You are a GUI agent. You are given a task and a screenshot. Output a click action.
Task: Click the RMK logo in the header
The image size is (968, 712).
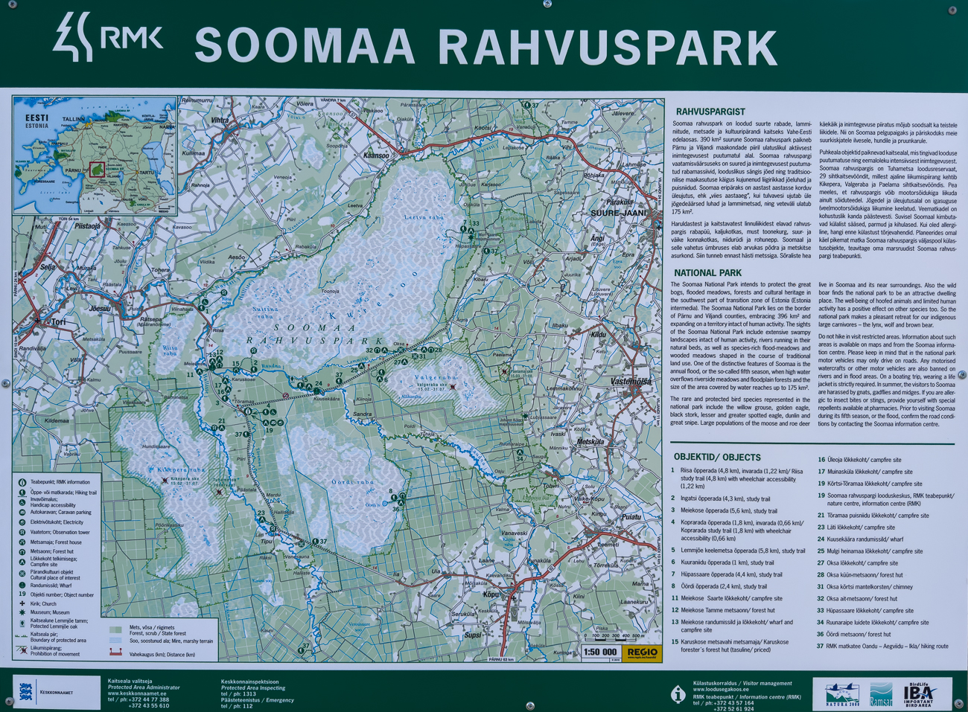pyautogui.click(x=109, y=37)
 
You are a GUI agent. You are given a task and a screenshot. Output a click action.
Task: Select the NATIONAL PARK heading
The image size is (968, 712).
pyautogui.click(x=707, y=273)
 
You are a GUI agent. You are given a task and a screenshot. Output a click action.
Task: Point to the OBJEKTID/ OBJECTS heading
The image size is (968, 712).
pyautogui.click(x=717, y=457)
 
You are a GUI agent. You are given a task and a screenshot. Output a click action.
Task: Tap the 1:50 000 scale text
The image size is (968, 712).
pyautogui.click(x=600, y=652)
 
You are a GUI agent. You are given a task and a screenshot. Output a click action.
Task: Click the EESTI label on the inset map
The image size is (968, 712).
pyautogui.click(x=37, y=118)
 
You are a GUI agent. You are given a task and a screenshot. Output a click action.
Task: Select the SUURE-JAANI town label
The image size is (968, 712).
pyautogui.click(x=619, y=213)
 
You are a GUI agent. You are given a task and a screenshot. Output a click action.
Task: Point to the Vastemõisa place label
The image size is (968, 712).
pyautogui.click(x=630, y=382)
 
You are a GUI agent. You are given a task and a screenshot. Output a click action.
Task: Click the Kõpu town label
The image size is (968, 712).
pyautogui.click(x=491, y=594)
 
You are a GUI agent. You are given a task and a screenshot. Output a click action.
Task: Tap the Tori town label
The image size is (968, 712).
pyautogui.click(x=57, y=322)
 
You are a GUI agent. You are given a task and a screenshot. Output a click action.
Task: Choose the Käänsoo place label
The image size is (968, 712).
pyautogui.click(x=376, y=155)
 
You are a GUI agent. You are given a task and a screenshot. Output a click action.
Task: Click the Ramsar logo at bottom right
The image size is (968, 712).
pyautogui.click(x=881, y=693)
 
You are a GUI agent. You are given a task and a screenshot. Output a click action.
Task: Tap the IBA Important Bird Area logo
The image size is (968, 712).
pyautogui.click(x=918, y=693)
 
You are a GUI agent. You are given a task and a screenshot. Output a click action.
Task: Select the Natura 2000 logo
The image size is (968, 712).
pyautogui.click(x=841, y=693)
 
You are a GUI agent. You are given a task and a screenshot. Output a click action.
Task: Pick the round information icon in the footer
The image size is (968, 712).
pyautogui.click(x=678, y=694)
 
